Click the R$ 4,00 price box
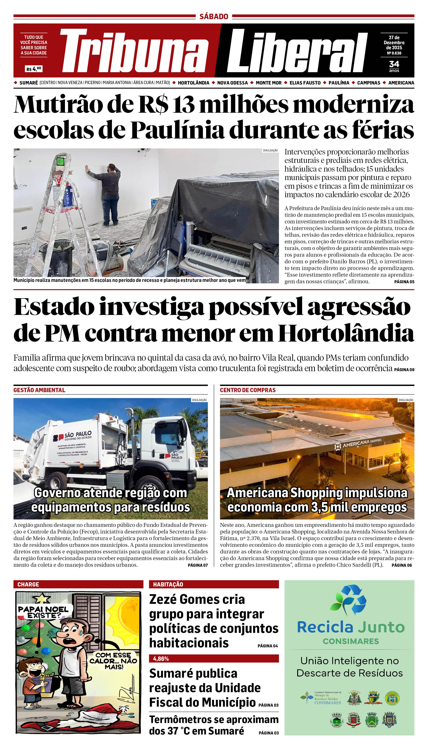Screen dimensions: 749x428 (34, 69)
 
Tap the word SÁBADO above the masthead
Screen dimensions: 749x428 (214, 17)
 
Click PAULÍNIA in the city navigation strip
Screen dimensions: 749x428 (339, 83)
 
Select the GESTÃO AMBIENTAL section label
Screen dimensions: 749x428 (39, 390)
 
